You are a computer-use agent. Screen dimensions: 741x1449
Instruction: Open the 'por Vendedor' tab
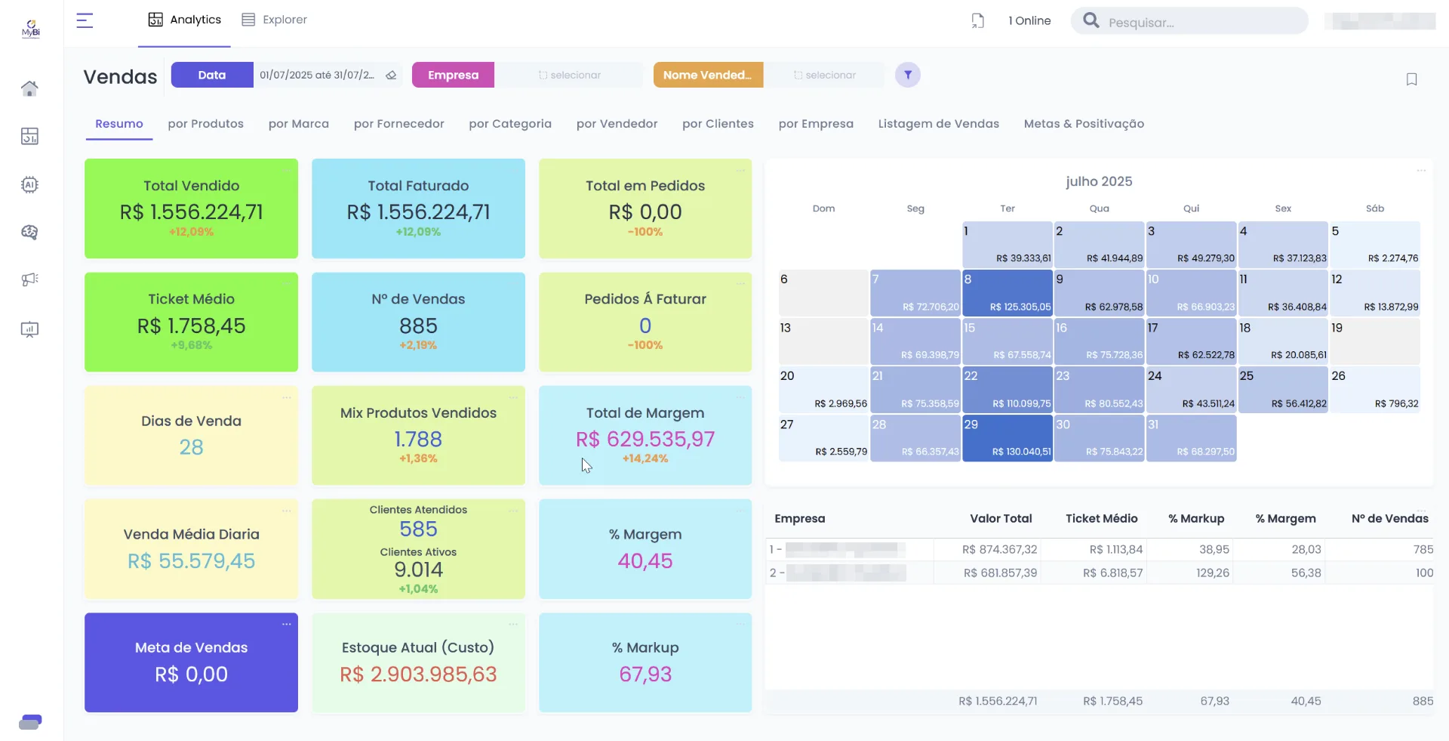click(x=617, y=124)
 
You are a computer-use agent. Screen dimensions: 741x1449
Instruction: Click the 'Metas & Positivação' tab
click(x=1083, y=124)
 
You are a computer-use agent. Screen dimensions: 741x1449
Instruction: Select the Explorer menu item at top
click(x=274, y=20)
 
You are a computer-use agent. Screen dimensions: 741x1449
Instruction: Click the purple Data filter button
click(x=212, y=75)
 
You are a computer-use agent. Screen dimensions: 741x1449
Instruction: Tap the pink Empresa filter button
click(x=453, y=75)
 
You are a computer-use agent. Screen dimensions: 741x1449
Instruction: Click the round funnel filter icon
click(x=908, y=75)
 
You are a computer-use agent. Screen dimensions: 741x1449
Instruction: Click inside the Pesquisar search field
click(x=1200, y=22)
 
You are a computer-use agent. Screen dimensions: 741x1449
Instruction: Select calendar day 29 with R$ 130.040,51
click(x=1007, y=438)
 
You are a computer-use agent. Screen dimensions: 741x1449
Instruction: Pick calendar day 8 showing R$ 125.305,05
click(x=1007, y=292)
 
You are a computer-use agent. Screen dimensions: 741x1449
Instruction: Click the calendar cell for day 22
click(x=1007, y=389)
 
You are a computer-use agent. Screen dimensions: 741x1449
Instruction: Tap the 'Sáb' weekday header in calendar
click(x=1374, y=208)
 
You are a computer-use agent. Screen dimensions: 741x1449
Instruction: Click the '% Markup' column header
click(x=1195, y=518)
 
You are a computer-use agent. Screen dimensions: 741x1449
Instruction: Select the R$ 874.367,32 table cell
click(x=999, y=549)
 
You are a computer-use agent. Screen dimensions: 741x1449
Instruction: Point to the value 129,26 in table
click(x=1212, y=573)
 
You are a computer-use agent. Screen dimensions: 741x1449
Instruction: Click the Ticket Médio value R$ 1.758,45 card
click(x=191, y=326)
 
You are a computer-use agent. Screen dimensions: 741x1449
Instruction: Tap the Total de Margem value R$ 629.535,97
click(x=645, y=439)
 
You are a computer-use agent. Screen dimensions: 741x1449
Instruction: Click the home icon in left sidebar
click(x=29, y=88)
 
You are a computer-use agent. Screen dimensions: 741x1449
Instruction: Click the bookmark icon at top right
click(x=1411, y=79)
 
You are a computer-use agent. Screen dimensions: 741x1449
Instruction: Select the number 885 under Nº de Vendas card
click(x=418, y=326)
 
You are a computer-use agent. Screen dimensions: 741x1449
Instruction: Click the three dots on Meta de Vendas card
click(x=286, y=624)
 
